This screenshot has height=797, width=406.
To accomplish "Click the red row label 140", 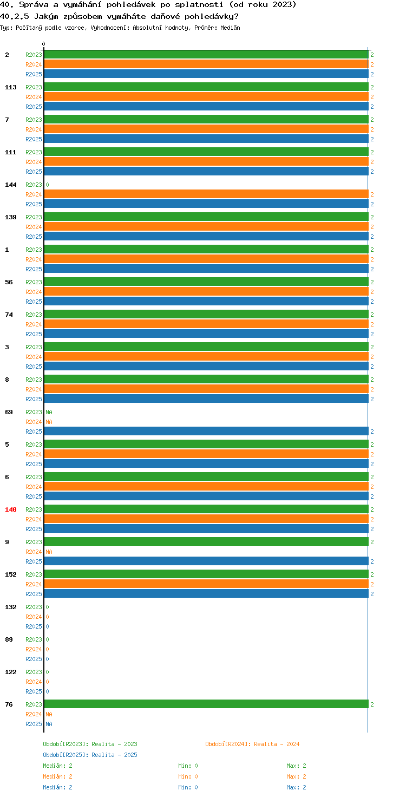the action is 11,509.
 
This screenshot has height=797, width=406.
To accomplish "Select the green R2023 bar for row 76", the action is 206,704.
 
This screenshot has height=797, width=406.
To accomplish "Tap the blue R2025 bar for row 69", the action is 206,431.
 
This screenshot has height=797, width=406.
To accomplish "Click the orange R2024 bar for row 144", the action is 206,194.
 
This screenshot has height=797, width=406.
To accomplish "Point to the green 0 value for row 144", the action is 47,185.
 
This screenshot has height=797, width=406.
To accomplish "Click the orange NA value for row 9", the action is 49,552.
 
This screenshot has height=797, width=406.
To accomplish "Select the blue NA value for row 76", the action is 49,724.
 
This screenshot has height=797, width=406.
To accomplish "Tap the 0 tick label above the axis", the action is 43,44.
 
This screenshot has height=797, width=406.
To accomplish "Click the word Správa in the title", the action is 34,5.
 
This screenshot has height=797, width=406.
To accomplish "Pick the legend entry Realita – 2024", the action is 277,744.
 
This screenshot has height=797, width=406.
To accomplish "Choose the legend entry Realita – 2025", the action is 114,755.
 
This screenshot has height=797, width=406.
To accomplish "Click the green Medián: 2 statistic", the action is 57,766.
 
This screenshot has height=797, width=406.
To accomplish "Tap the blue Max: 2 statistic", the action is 297,787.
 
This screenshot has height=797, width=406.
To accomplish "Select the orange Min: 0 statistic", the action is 188,776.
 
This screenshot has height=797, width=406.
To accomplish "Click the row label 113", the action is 11,87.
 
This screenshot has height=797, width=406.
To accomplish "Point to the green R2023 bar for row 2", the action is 206,55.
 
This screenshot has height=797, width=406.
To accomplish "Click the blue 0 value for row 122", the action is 47,691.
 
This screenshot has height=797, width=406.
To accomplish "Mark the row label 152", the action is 11,574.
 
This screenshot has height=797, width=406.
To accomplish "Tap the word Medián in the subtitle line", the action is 230,28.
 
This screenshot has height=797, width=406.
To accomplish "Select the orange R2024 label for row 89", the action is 34,649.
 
